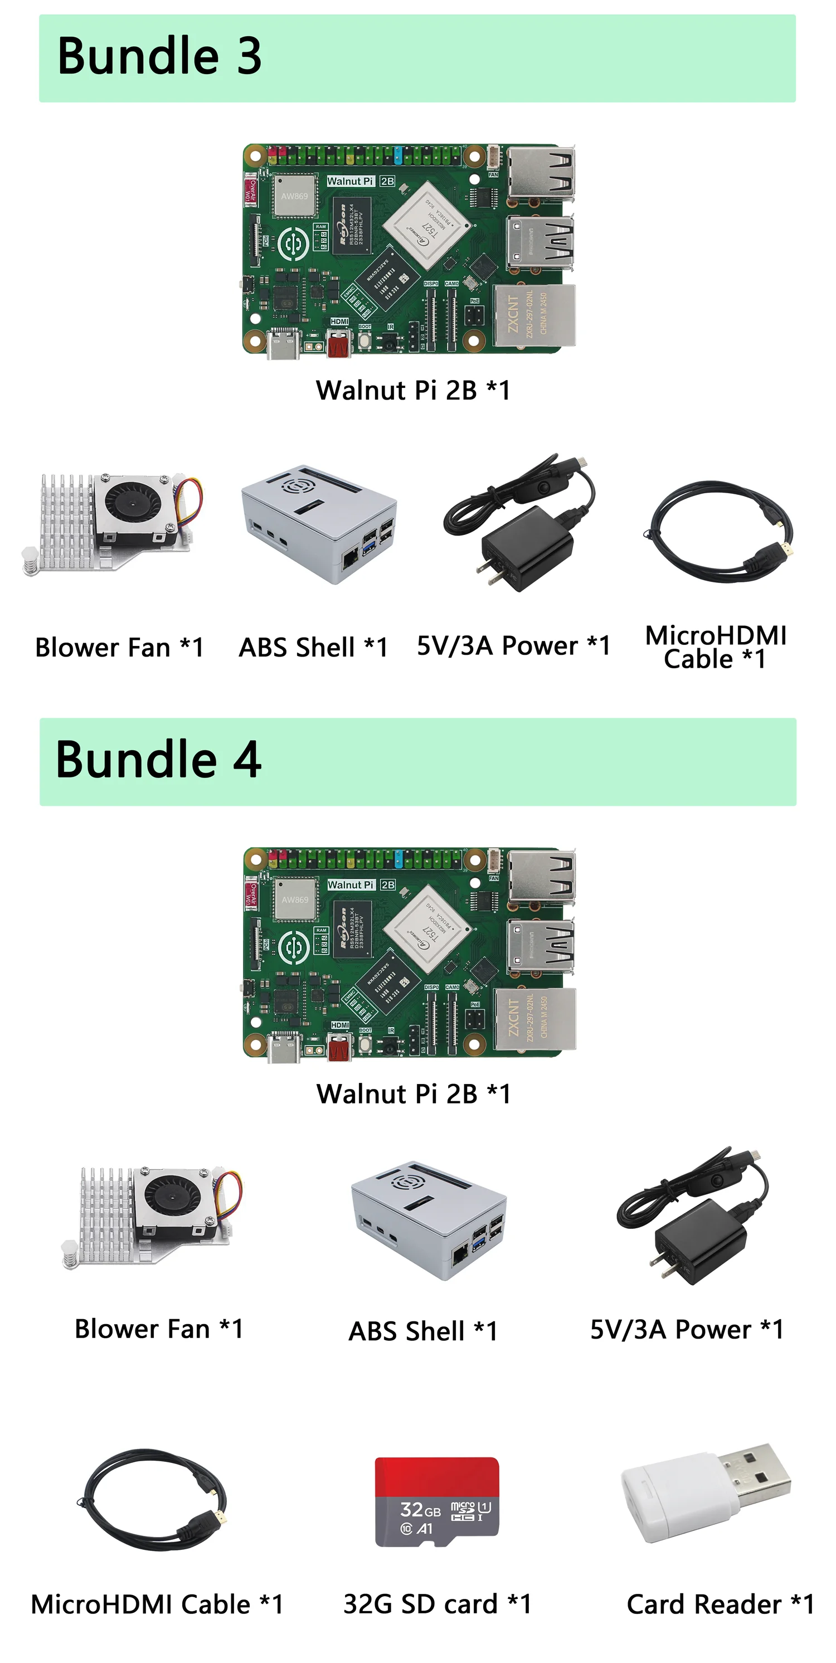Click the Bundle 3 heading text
[159, 56]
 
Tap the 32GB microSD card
[437, 1500]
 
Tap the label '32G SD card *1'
[437, 1603]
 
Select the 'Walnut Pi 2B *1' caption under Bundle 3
[412, 390]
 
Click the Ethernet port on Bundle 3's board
[534, 315]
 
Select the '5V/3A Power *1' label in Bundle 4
[686, 1329]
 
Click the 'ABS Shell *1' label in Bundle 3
[313, 647]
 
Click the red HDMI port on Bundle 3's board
[339, 344]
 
